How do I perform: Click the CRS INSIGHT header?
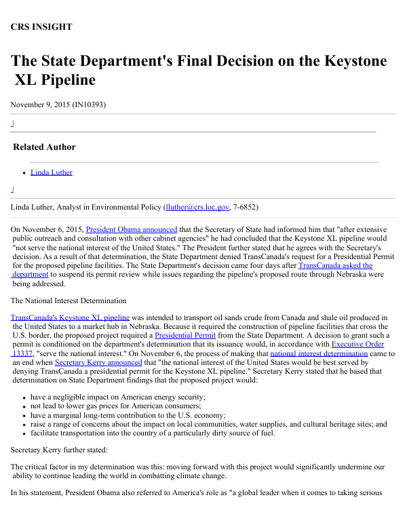[41, 27]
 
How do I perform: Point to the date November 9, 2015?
[40, 104]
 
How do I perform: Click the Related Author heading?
[44, 147]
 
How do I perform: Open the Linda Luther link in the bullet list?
[52, 172]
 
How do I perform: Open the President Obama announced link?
[132, 230]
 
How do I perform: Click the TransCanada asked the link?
[335, 265]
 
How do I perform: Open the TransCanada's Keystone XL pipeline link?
[70, 317]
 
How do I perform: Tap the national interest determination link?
[319, 353]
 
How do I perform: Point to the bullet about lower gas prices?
[117, 406]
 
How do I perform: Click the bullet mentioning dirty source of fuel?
[153, 433]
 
